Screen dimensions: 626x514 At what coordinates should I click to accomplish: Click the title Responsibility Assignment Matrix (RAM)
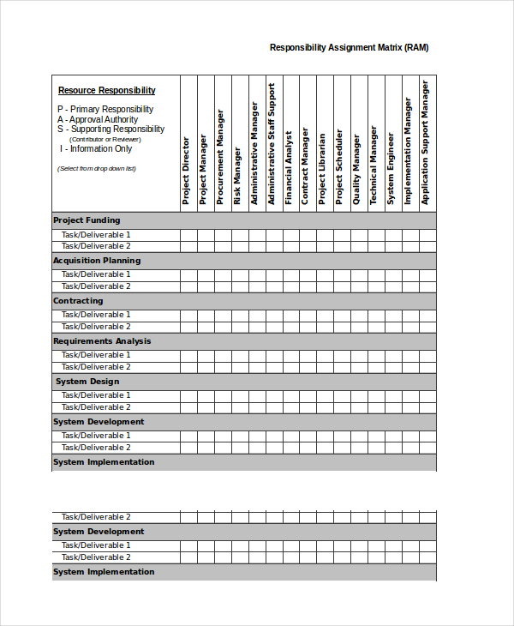pos(349,48)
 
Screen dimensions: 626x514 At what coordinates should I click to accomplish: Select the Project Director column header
pos(186,171)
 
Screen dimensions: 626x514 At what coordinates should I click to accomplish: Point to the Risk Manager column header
pos(237,176)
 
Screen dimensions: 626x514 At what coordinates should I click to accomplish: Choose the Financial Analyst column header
pos(289,166)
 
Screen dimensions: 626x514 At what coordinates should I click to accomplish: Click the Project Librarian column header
pos(322,168)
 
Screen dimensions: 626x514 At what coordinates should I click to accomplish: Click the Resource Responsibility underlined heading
pos(106,90)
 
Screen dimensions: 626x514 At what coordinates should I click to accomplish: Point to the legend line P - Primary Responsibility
pos(105,110)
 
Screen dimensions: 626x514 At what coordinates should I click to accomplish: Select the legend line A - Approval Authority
pos(98,120)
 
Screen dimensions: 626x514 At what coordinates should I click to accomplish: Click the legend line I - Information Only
pos(96,149)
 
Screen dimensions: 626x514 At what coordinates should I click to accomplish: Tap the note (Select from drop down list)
pos(96,169)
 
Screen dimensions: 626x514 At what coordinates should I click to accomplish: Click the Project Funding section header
pos(87,220)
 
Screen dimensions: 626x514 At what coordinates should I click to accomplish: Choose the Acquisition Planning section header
pos(97,261)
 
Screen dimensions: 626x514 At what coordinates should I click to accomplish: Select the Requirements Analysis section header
pos(102,341)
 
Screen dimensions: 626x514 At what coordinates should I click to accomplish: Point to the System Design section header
pos(87,382)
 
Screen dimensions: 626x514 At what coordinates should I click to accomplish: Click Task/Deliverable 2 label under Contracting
pos(96,327)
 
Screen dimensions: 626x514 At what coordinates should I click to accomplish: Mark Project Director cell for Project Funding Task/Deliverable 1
pos(188,235)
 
